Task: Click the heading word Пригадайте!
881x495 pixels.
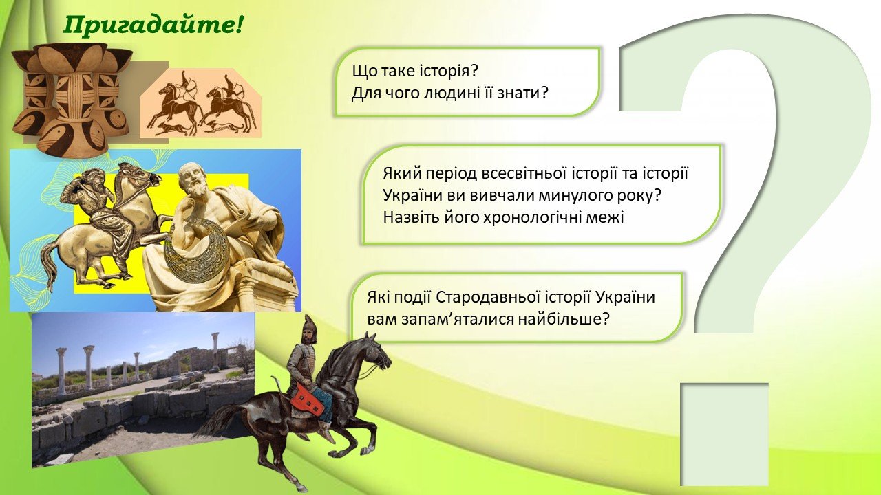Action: (153, 26)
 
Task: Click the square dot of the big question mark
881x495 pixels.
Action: (725, 434)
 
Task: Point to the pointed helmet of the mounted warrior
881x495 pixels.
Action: (310, 325)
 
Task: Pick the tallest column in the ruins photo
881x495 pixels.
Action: (215, 353)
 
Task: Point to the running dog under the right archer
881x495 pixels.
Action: (222, 126)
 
